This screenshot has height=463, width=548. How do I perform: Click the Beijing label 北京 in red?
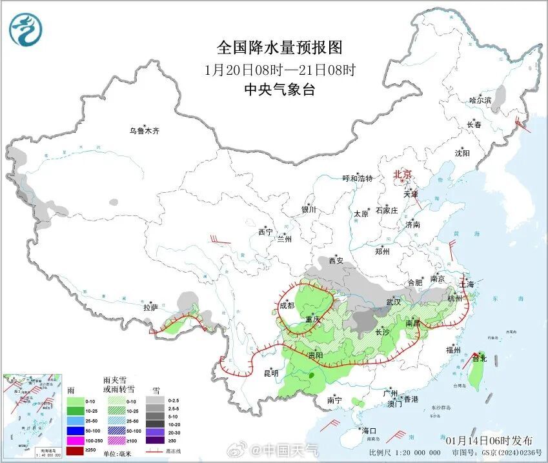(x=403, y=174)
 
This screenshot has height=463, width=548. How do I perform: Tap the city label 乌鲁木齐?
(x=143, y=131)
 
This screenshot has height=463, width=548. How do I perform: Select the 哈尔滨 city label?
(x=480, y=101)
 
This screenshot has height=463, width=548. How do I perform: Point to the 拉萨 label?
(x=150, y=308)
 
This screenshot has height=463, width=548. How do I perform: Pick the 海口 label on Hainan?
(x=369, y=431)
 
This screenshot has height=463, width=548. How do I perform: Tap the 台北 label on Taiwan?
(x=479, y=358)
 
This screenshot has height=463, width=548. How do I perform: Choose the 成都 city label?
(x=287, y=306)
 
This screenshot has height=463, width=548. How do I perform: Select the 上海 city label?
(x=467, y=284)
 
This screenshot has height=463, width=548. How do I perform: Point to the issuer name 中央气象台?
(x=279, y=90)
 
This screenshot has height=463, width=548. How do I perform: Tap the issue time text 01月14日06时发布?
(x=491, y=440)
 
